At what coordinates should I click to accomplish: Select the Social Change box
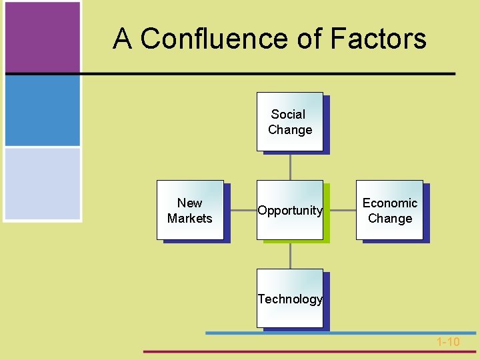tap(290, 122)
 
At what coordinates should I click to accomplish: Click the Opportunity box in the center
tap(290, 211)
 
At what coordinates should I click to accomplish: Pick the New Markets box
tap(190, 211)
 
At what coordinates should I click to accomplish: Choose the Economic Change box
tap(390, 211)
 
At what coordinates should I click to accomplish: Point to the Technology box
tap(290, 299)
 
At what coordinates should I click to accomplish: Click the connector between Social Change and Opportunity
tap(290, 166)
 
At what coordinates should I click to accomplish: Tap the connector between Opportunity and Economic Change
tap(340, 210)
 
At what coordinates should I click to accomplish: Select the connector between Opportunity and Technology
tap(290, 255)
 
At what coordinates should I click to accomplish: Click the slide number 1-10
tap(448, 342)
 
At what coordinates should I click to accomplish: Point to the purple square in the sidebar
tap(42, 36)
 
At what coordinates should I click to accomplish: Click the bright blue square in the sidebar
tap(42, 110)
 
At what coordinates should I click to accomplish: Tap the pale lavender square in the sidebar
tap(42, 183)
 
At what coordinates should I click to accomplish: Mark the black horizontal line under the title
tap(267, 73)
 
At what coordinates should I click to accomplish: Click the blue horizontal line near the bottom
tap(340, 332)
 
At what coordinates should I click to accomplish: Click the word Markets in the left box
tap(190, 219)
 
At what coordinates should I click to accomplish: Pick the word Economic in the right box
tap(390, 203)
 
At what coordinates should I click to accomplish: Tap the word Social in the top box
tap(288, 115)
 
